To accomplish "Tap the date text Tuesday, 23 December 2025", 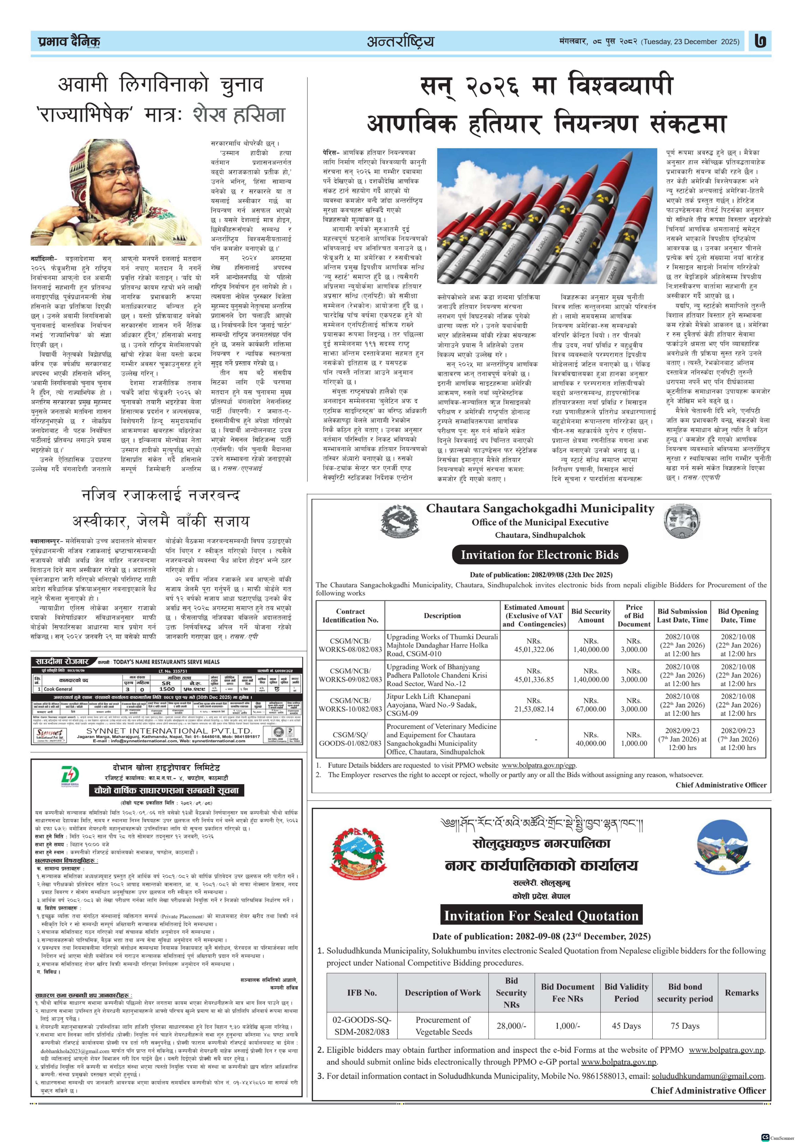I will click(x=691, y=42).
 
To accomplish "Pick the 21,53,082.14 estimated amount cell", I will click(x=534, y=705).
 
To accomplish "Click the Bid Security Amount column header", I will click(x=591, y=615).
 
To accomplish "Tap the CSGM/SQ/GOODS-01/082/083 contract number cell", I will click(x=350, y=738).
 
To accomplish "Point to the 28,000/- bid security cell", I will click(x=511, y=1026).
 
